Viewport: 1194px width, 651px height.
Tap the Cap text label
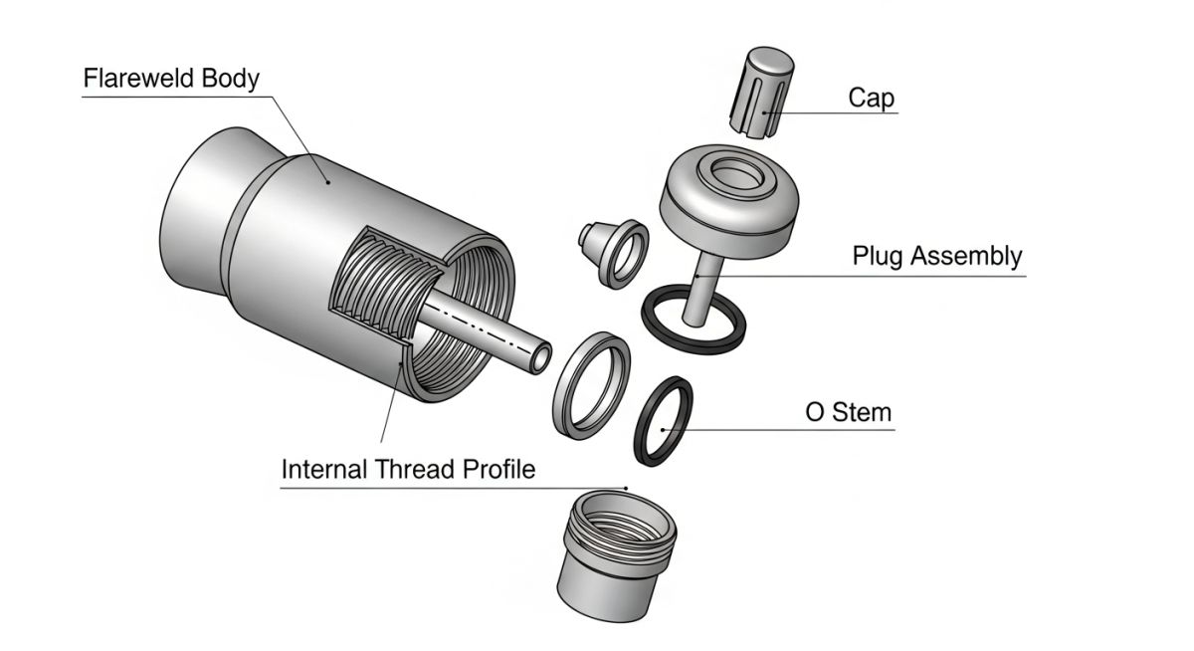pos(871,98)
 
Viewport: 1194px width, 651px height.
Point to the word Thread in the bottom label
pos(418,469)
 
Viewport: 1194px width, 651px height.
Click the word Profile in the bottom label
pos(498,469)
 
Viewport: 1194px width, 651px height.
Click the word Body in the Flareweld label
pos(230,79)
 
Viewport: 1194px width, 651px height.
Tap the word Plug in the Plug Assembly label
pos(876,256)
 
